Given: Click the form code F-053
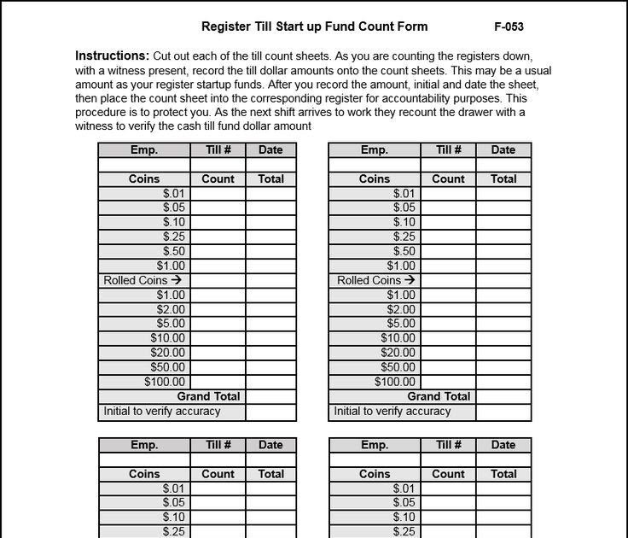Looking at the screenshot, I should tap(509, 26).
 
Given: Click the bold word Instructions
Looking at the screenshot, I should tap(113, 56).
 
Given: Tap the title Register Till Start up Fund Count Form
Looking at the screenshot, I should tap(315, 26).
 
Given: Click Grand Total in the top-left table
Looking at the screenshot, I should tap(208, 396).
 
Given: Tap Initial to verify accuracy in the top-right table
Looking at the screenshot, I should tap(392, 411).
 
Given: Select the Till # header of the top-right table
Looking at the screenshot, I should tap(448, 149).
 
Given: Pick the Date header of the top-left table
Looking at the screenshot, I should tap(270, 149).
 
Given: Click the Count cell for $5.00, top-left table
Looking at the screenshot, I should tap(218, 324).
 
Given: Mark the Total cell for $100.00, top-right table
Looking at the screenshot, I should tap(503, 382).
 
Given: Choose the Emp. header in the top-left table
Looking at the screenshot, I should tap(144, 149).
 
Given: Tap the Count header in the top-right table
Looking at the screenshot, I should tap(448, 179).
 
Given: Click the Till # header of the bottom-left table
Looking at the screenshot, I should tap(218, 445).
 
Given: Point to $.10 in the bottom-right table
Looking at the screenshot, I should tap(404, 518).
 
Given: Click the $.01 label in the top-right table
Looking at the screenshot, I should tap(404, 193).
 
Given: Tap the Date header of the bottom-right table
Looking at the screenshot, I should tap(503, 445).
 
